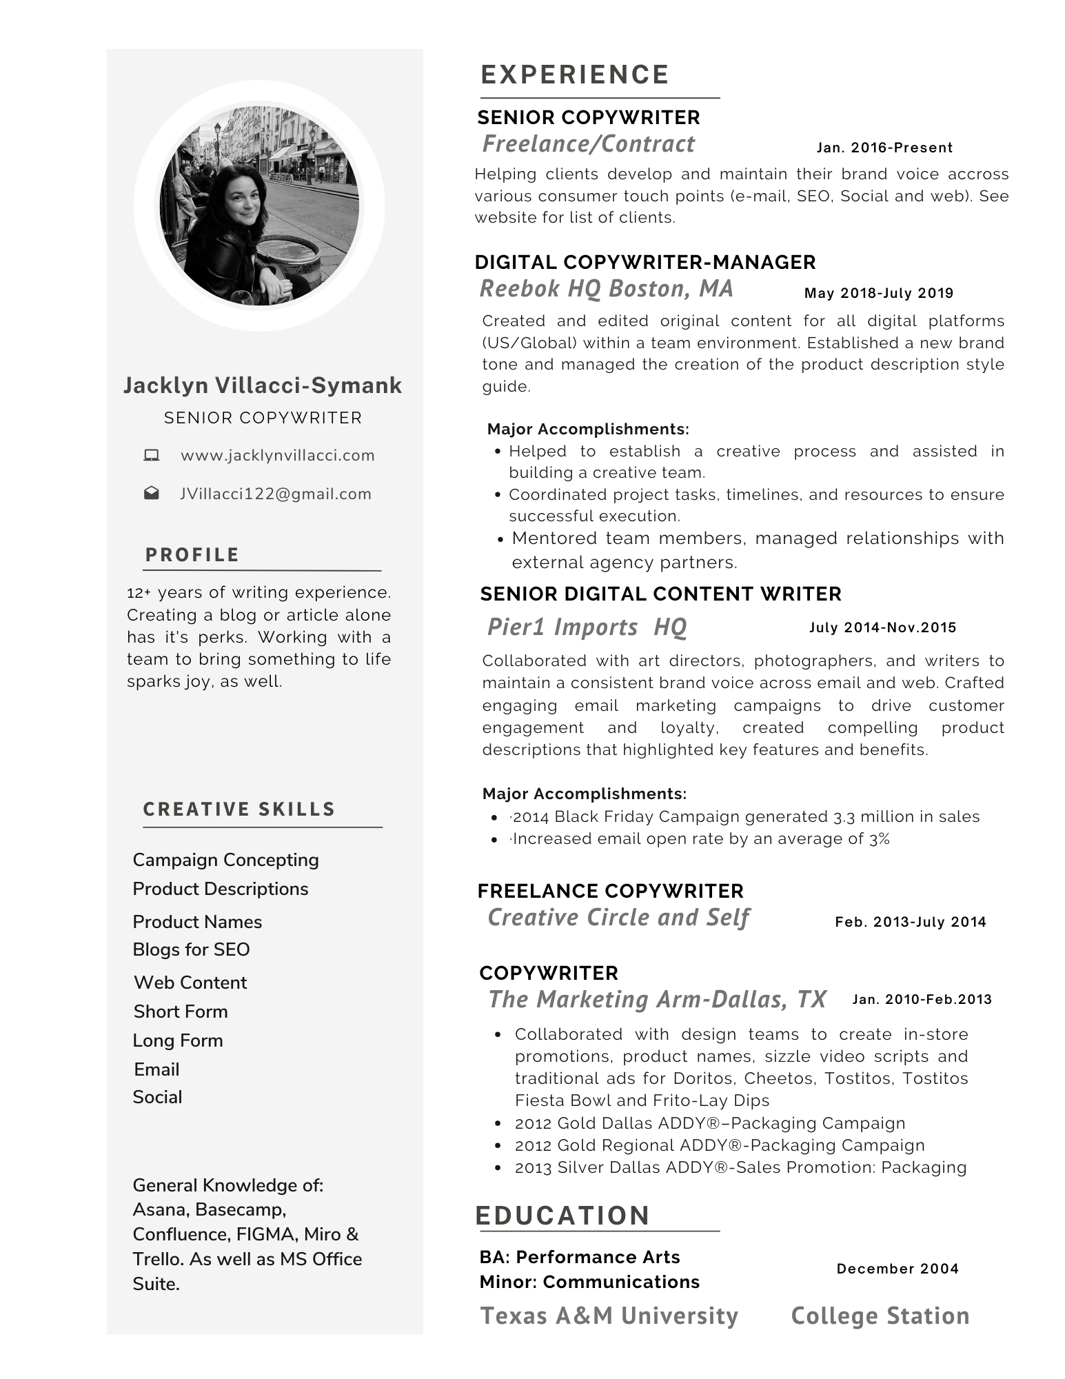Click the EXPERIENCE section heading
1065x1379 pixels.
pyautogui.click(x=574, y=74)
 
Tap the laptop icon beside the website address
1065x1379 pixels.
pyautogui.click(x=152, y=455)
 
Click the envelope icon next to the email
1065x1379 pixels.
pyautogui.click(x=152, y=494)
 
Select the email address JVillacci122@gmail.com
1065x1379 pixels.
pyautogui.click(x=276, y=494)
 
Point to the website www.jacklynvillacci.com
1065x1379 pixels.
pyautogui.click(x=278, y=455)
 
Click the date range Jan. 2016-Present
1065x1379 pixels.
pyautogui.click(x=884, y=148)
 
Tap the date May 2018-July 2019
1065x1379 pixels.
pyautogui.click(x=879, y=293)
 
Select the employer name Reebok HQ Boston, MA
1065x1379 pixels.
pyautogui.click(x=606, y=288)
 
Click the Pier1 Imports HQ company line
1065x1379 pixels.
pyautogui.click(x=587, y=627)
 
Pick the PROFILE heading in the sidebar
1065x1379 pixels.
pyautogui.click(x=192, y=555)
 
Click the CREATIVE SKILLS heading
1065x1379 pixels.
pyautogui.click(x=239, y=809)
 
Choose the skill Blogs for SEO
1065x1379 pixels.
pyautogui.click(x=191, y=949)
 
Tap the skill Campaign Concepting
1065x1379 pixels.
pyautogui.click(x=225, y=860)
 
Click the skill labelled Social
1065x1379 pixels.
pyautogui.click(x=157, y=1097)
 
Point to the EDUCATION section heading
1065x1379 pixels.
pyautogui.click(x=562, y=1216)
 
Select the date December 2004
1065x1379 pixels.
pyautogui.click(x=897, y=1269)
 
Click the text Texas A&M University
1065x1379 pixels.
pyautogui.click(x=609, y=1316)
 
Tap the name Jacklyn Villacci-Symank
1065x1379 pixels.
pyautogui.click(x=263, y=385)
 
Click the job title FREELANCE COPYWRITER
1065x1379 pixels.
pyautogui.click(x=610, y=891)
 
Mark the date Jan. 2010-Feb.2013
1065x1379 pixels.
pyautogui.click(x=922, y=999)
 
